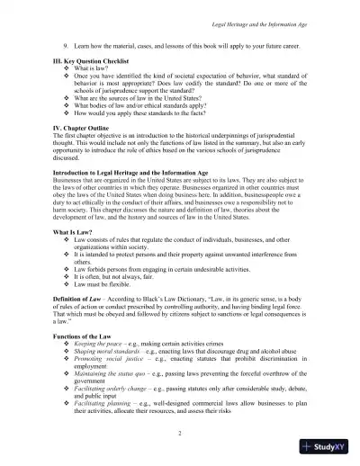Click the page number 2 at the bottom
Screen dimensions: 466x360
[x=180, y=435]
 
